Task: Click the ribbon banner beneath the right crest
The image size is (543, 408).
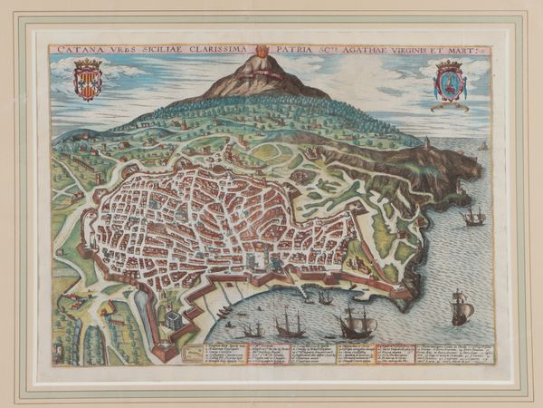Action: coord(450,106)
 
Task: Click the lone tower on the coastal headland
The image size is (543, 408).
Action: coord(425,144)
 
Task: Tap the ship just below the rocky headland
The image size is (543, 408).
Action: coord(472,217)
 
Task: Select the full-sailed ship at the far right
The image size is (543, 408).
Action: coord(461,308)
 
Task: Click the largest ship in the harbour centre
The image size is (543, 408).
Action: coord(354,322)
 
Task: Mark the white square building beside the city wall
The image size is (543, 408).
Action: coord(173,320)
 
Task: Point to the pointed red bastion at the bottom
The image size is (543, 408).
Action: coord(164,349)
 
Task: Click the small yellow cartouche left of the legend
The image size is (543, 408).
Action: coord(191,354)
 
